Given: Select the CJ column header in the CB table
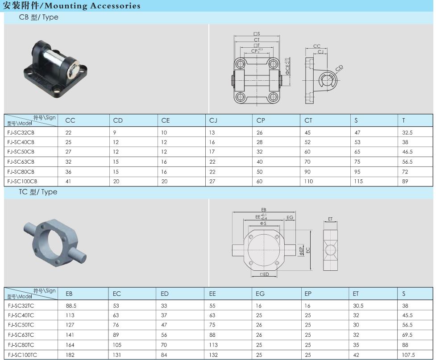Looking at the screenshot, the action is (x=213, y=120).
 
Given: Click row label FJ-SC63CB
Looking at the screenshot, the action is (x=21, y=162).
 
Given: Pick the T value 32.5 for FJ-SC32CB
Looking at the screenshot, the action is (x=407, y=132).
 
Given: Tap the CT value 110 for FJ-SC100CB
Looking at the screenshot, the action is (x=308, y=181).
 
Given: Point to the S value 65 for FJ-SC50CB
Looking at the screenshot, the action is (x=357, y=152).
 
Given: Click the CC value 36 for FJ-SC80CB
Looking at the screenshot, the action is (x=68, y=172).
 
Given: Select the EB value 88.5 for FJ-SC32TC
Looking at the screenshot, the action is (x=71, y=306).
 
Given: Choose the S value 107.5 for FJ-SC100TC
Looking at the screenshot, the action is (x=408, y=355).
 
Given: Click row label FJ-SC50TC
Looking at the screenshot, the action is (x=21, y=325).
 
